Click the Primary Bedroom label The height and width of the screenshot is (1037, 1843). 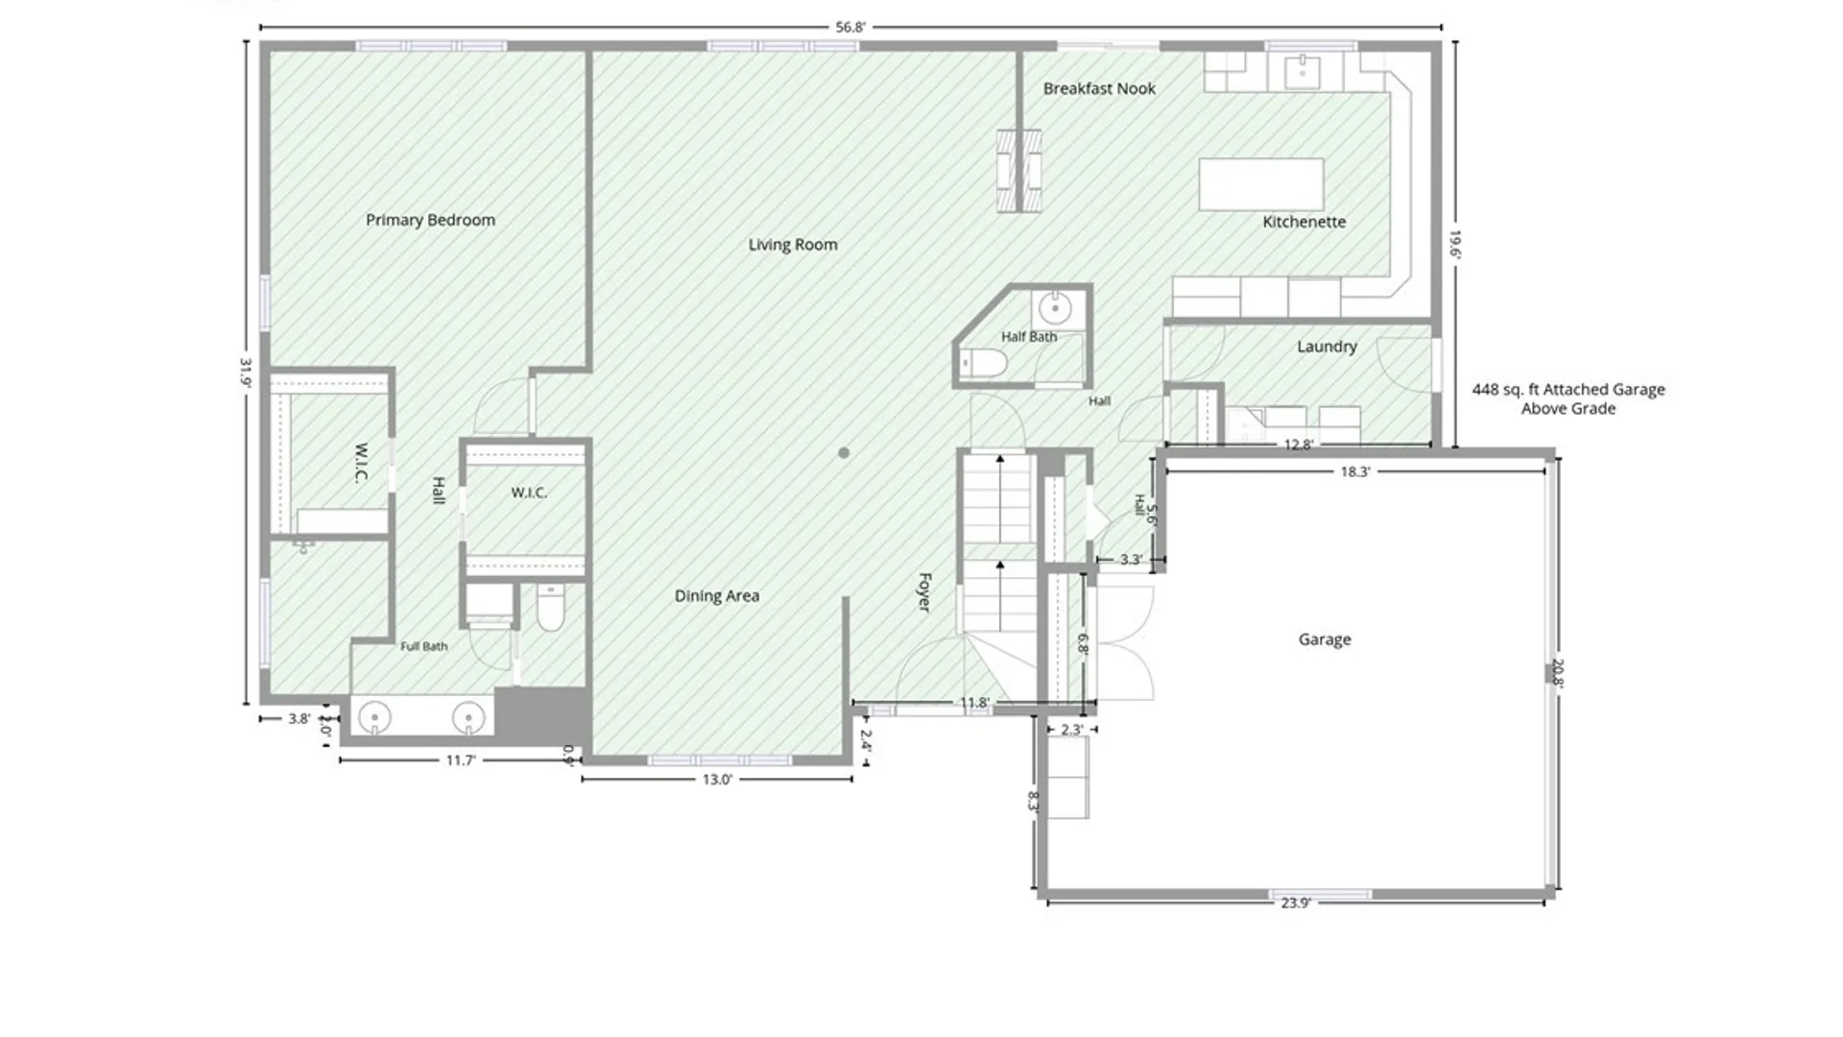(430, 220)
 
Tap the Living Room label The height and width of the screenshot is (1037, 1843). (793, 245)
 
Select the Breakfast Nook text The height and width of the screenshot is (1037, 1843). (1099, 88)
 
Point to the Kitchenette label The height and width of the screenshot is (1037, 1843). (1304, 222)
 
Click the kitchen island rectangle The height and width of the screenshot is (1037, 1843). (1261, 184)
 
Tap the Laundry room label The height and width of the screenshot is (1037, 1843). (1327, 347)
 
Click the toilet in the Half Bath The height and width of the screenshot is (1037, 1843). (984, 364)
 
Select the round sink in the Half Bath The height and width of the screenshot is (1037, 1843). (1054, 309)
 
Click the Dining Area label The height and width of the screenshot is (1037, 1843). (716, 596)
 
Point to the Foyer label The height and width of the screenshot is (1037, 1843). (924, 592)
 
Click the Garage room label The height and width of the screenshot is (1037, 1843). (1325, 639)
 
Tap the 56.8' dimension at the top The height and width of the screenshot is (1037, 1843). (850, 27)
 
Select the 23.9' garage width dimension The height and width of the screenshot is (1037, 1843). (1295, 903)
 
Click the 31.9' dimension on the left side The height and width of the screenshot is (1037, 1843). (246, 373)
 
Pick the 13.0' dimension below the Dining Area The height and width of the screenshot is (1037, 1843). (717, 780)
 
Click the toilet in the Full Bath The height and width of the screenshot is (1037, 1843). (550, 609)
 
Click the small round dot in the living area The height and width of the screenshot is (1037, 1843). (844, 453)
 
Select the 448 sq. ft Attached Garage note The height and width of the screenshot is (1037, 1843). (1568, 398)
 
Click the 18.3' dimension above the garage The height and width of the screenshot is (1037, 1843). (1355, 471)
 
